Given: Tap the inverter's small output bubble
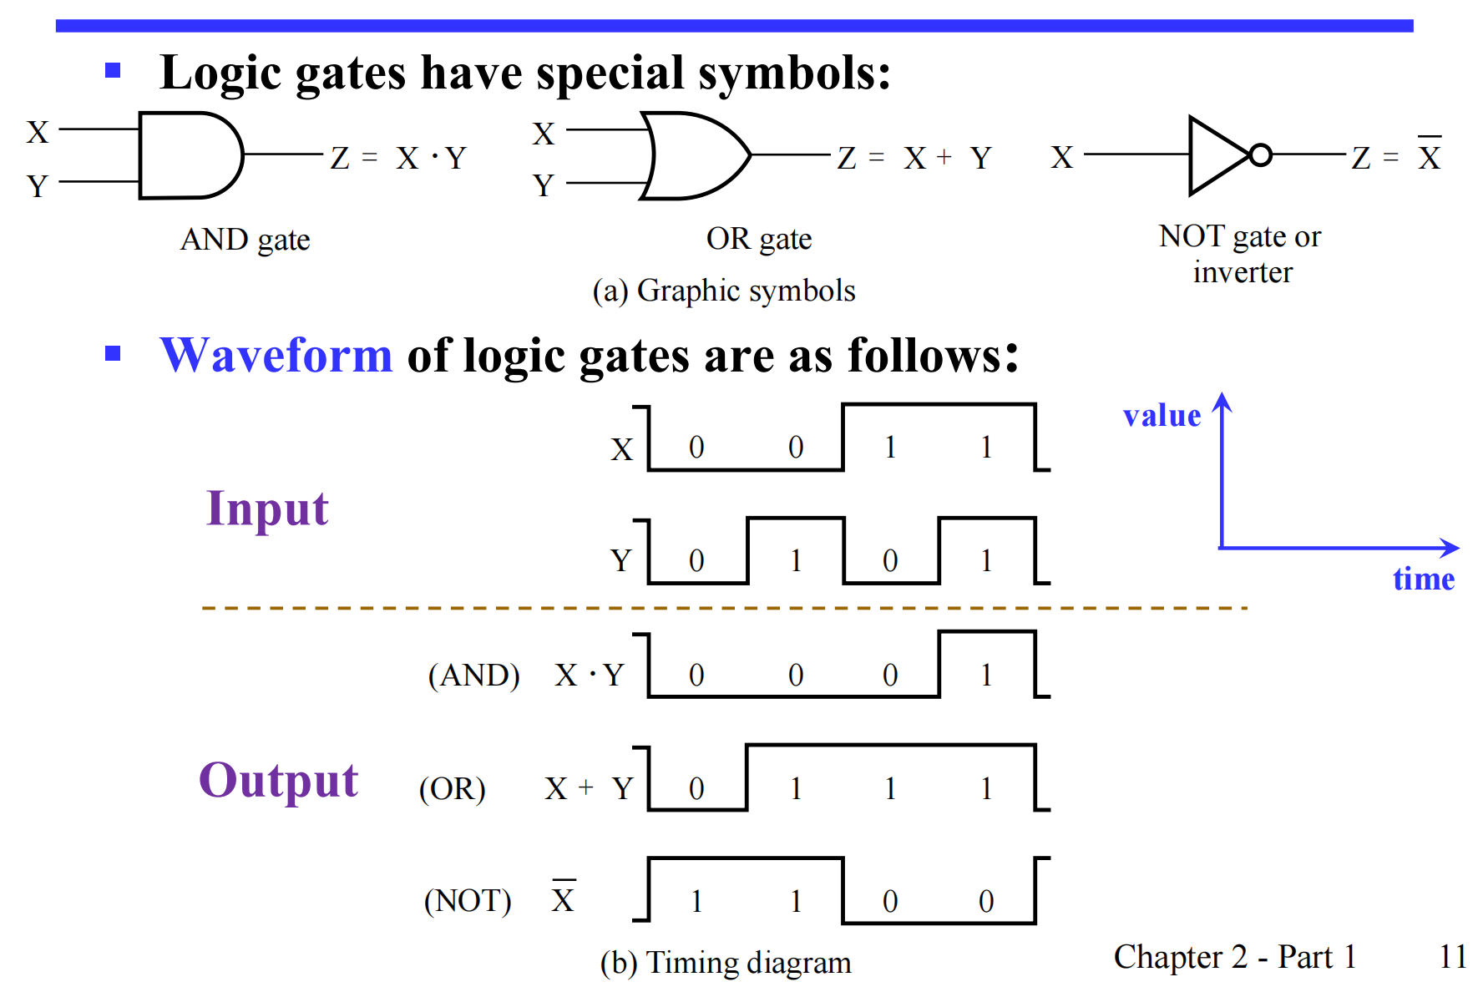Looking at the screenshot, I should pos(1260,155).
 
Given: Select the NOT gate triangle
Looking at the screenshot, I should pos(1217,155).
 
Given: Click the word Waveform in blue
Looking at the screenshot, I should pos(276,355).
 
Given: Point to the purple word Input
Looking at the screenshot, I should pos(267,509).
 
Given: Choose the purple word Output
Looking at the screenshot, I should pos(278,781).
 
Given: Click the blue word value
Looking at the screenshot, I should pos(1162,415).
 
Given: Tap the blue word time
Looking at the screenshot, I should pos(1423,579).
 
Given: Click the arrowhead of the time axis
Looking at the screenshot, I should pos(1451,548).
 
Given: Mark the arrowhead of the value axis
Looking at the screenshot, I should pos(1222,402).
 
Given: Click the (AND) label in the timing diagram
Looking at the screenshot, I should pos(473,675).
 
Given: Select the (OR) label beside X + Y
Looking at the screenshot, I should pos(452,788).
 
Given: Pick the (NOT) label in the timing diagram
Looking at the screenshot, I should pos(468,901).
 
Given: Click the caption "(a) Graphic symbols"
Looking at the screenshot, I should pos(724,291).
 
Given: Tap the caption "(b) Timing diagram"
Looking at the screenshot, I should pos(726,963).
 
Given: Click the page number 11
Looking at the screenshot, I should pos(1453,957).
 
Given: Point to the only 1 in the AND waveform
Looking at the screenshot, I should pos(986,675).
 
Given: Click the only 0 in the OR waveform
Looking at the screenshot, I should pos(696,788).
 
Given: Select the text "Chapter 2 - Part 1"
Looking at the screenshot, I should pos(1234,957).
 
